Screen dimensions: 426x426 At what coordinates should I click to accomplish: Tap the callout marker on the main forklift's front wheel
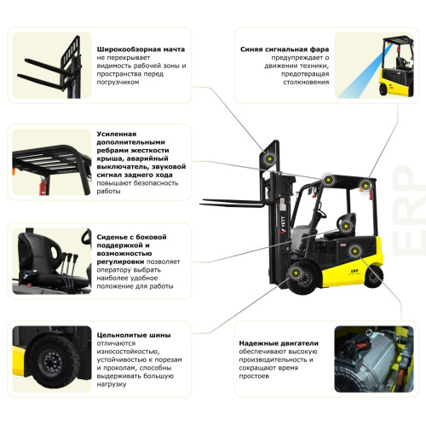298,273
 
